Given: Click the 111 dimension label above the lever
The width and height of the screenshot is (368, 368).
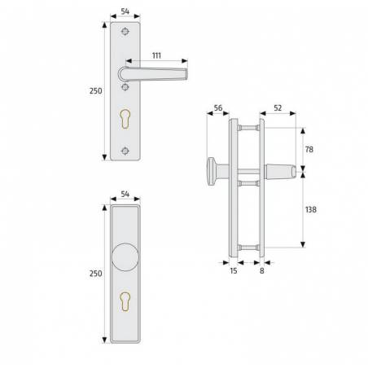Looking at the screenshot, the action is pyautogui.click(x=156, y=55).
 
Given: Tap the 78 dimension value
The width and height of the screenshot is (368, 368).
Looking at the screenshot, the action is pyautogui.click(x=309, y=149).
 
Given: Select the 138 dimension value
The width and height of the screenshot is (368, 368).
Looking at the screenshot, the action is pyautogui.click(x=311, y=209).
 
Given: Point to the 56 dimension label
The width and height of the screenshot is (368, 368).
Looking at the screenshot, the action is pyautogui.click(x=218, y=107).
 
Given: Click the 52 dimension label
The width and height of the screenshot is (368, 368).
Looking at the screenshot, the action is pyautogui.click(x=278, y=107).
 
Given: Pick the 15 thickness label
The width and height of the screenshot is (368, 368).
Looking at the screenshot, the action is pyautogui.click(x=234, y=270).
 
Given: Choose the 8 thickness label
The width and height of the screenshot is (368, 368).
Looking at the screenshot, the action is pyautogui.click(x=262, y=270).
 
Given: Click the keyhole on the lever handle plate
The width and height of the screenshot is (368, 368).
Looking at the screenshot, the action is pyautogui.click(x=125, y=119).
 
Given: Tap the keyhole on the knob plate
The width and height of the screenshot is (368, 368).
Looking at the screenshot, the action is pyautogui.click(x=125, y=301).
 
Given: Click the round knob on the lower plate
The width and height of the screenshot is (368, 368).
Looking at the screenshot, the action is pyautogui.click(x=125, y=257).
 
